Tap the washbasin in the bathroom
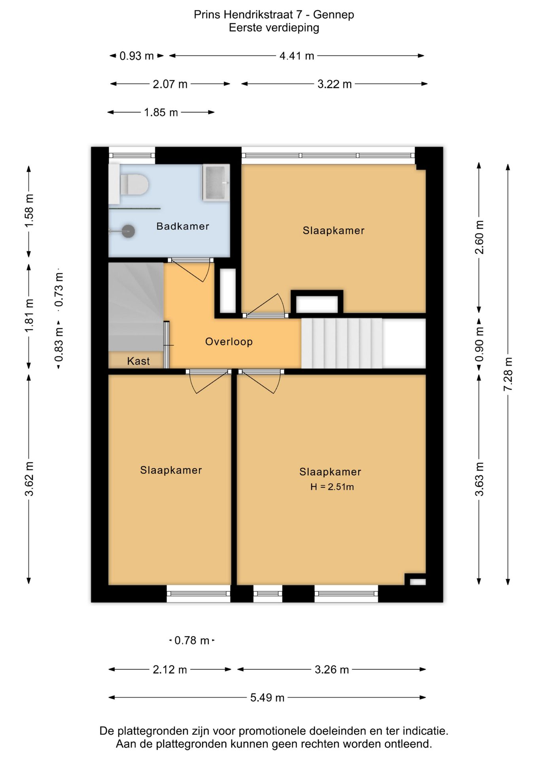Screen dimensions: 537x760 tap(216, 182)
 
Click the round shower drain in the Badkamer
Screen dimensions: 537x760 tap(128, 231)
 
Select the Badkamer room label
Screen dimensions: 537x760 tap(183, 226)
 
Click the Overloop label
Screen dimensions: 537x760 tap(229, 342)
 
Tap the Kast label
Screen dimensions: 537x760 tap(138, 361)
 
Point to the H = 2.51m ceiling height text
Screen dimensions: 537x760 tap(332, 487)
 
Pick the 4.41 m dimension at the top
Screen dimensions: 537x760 tap(297, 56)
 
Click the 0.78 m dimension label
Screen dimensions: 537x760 tap(192, 640)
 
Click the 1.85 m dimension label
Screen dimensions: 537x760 tap(161, 112)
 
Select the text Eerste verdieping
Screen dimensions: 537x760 tap(274, 28)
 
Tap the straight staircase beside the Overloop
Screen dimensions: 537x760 tap(342, 343)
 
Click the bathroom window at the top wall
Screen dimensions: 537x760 tap(132, 156)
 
